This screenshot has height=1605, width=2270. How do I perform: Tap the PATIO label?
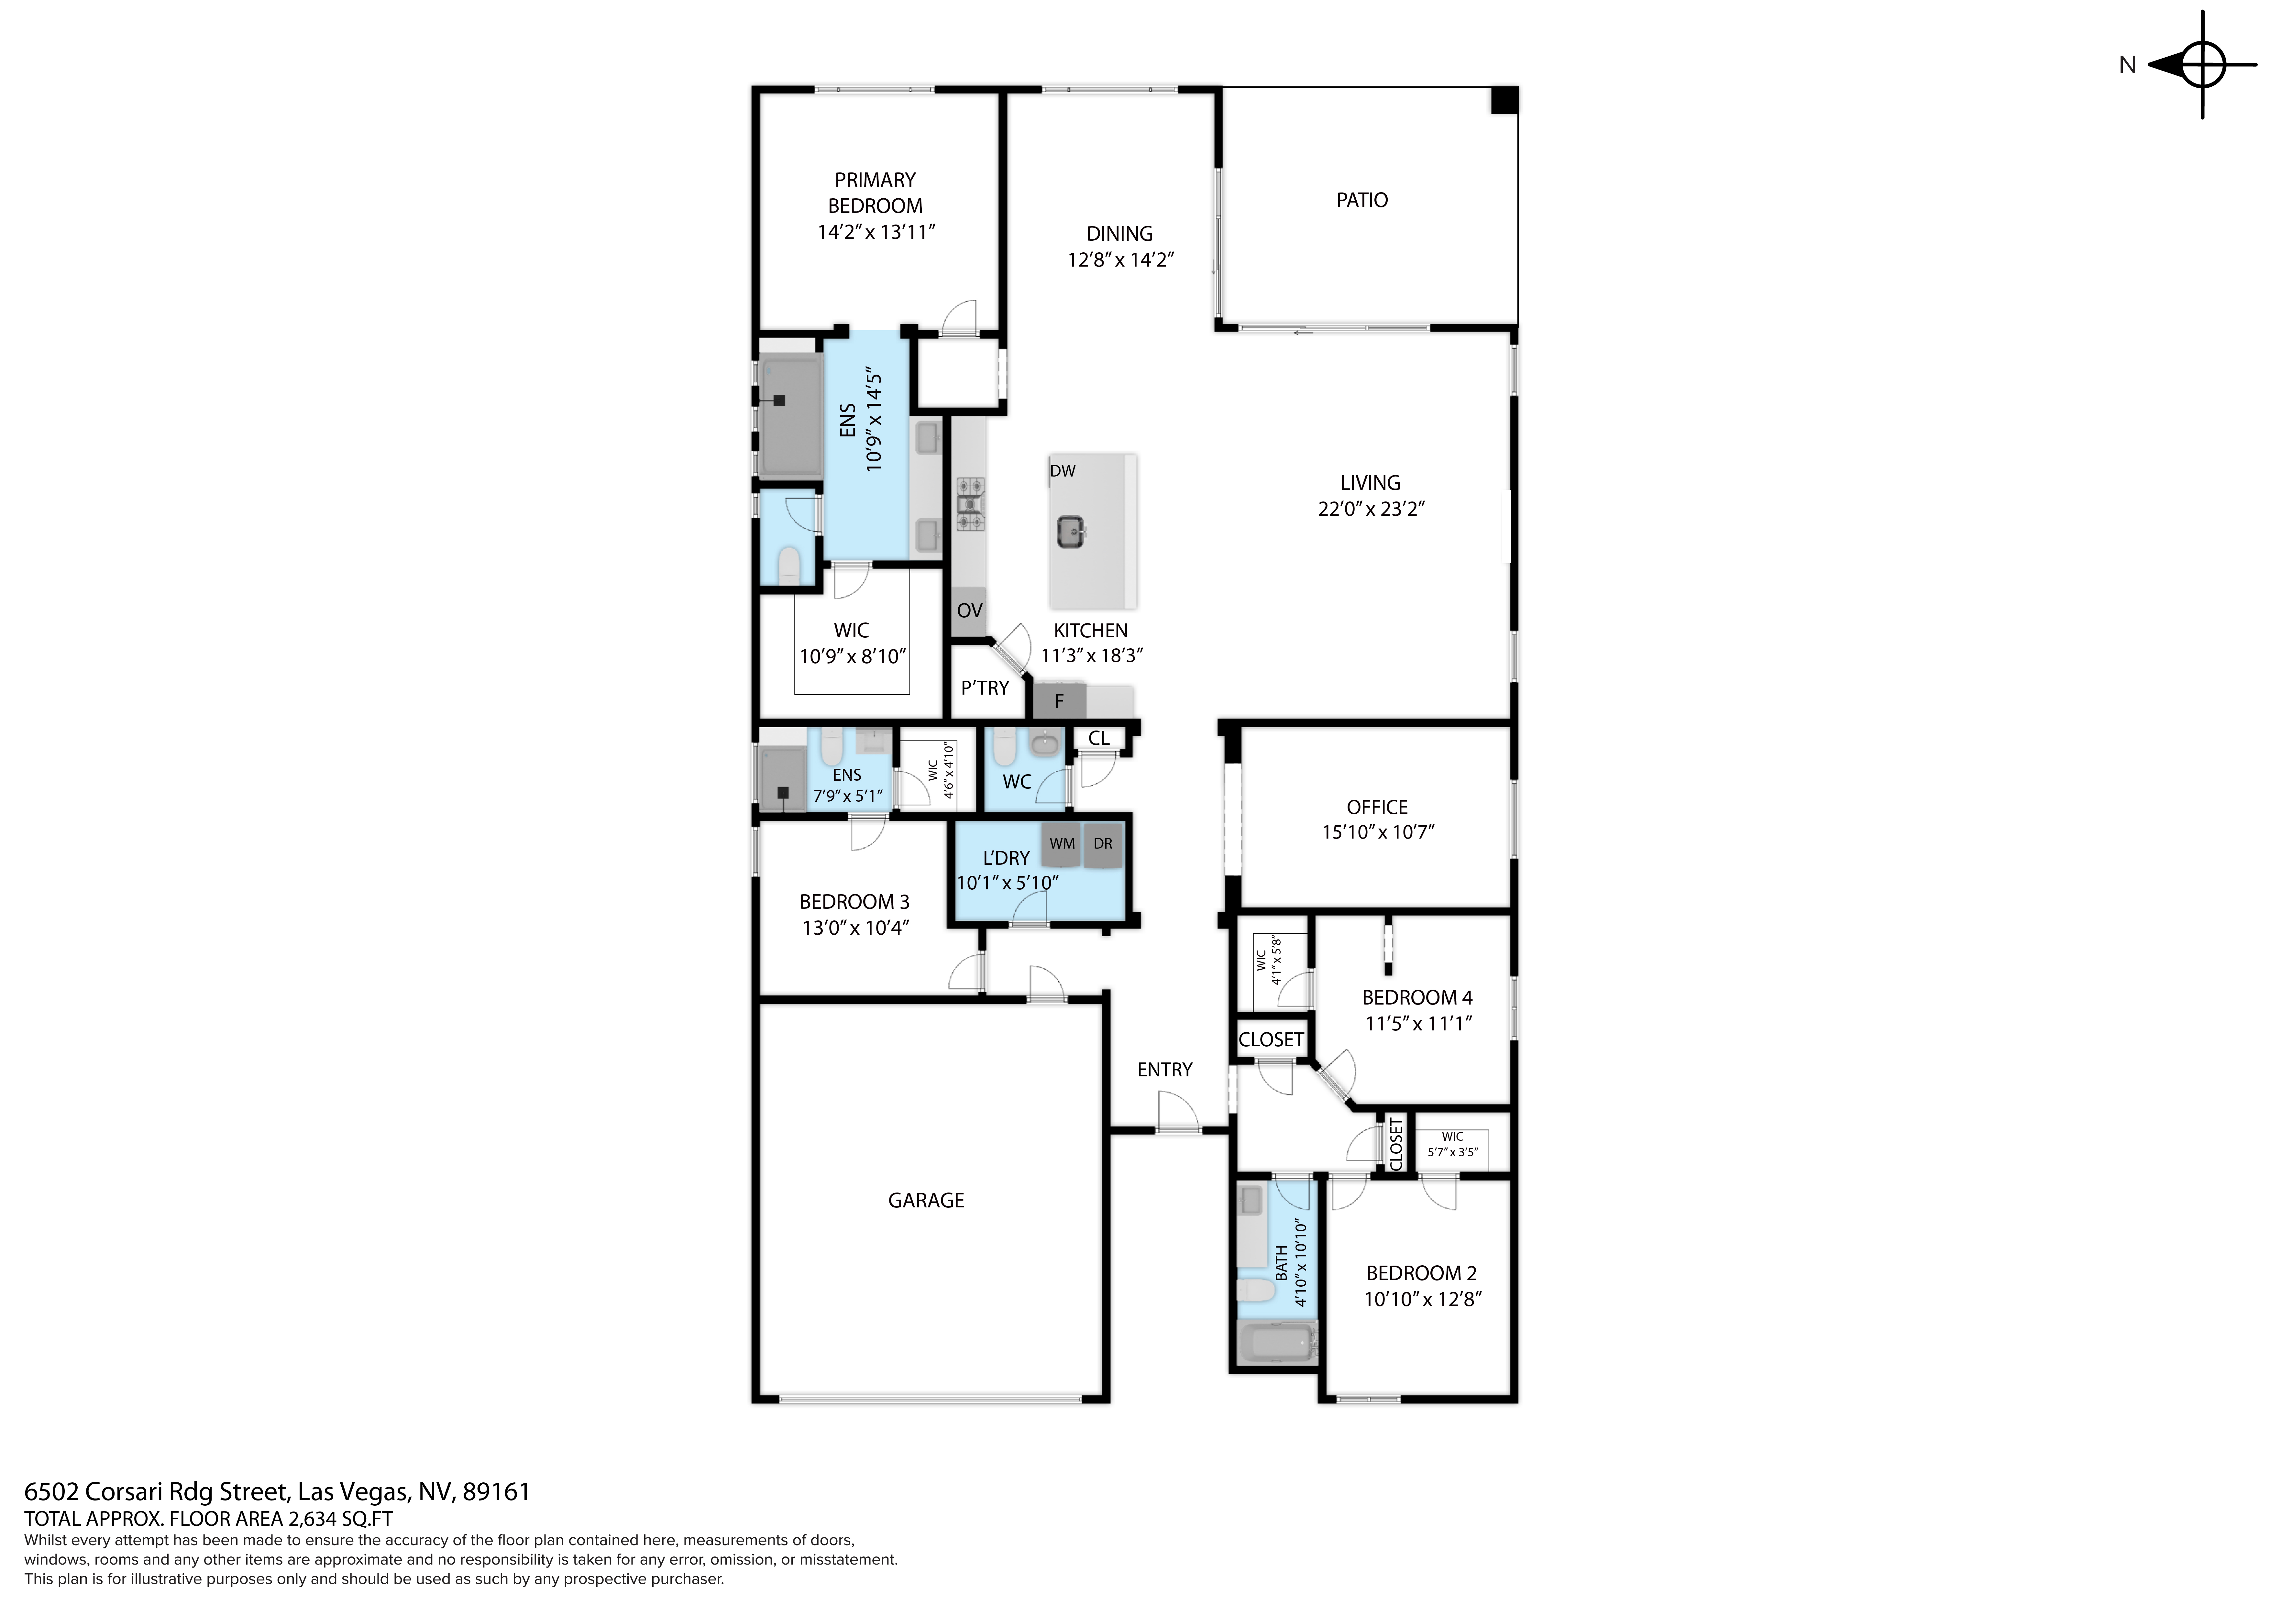pyautogui.click(x=1361, y=200)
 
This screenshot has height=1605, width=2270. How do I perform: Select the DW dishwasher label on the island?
pyautogui.click(x=1063, y=471)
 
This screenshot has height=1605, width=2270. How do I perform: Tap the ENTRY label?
pyautogui.click(x=1164, y=1069)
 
